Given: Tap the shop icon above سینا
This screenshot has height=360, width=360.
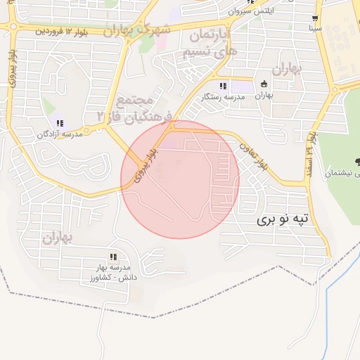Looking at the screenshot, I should (315, 19).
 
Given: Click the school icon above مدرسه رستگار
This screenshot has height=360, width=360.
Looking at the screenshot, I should (223, 86).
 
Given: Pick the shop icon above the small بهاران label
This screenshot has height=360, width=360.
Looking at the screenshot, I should (264, 84).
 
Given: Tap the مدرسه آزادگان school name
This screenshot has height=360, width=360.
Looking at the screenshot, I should (60, 134).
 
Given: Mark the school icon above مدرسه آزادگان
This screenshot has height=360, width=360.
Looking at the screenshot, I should (60, 123).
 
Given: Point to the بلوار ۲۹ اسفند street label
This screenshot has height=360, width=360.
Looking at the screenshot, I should (310, 151).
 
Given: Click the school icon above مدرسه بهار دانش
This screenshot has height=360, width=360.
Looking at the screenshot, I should (112, 257).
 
